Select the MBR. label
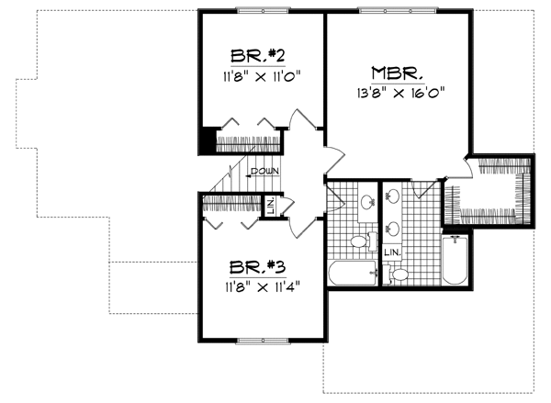(x=397, y=72)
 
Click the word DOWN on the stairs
(x=264, y=172)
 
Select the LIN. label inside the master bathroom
(x=392, y=251)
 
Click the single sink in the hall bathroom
(x=366, y=199)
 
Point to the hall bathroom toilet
(x=361, y=241)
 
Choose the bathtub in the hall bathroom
(x=351, y=274)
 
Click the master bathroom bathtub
(x=455, y=259)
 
